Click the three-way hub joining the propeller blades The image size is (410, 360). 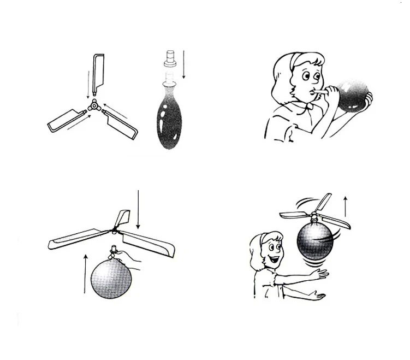pos(94,105)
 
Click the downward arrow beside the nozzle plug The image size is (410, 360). pos(184,64)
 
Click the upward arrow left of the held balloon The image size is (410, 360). pos(85,273)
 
